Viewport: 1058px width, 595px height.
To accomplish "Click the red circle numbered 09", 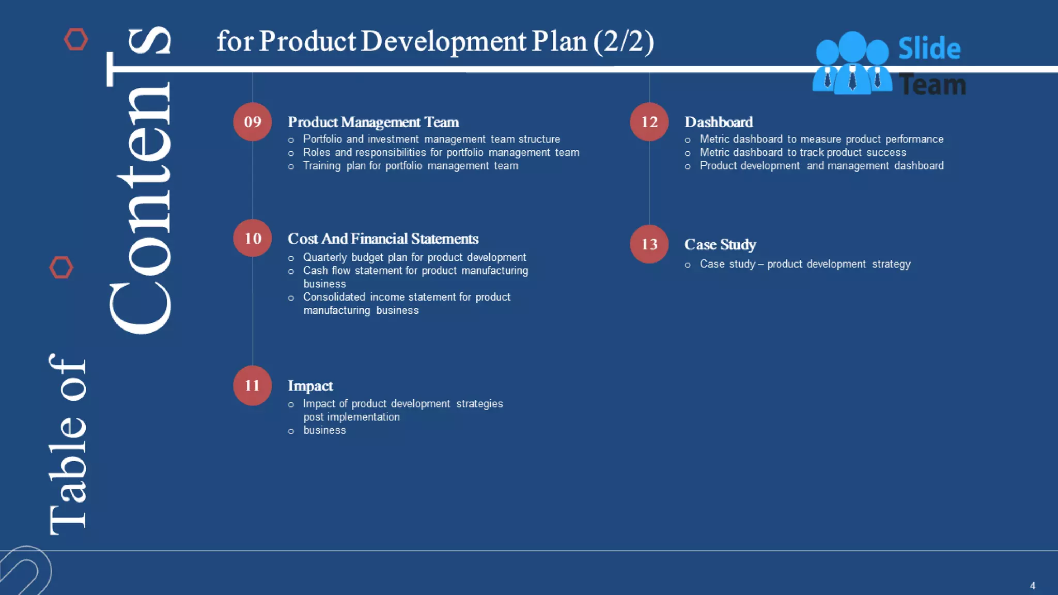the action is pyautogui.click(x=252, y=122).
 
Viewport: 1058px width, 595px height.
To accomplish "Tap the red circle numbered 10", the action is pyautogui.click(x=252, y=238).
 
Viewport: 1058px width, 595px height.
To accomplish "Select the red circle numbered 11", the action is pyautogui.click(x=252, y=385).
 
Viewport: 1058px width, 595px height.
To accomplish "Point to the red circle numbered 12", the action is pyautogui.click(x=649, y=122).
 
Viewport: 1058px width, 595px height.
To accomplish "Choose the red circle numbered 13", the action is pyautogui.click(x=649, y=244).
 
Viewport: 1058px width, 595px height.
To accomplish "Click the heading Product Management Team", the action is pyautogui.click(x=373, y=122).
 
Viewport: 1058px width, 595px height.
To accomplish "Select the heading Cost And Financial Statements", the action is pyautogui.click(x=383, y=239).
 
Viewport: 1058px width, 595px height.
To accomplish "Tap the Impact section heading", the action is pyautogui.click(x=310, y=386).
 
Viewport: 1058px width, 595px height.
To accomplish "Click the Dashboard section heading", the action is pyautogui.click(x=718, y=122).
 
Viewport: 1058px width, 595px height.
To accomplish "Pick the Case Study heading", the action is pyautogui.click(x=720, y=244).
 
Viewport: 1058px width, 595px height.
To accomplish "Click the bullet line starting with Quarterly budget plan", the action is pyautogui.click(x=414, y=257).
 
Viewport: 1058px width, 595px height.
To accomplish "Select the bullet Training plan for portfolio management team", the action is pyautogui.click(x=410, y=166).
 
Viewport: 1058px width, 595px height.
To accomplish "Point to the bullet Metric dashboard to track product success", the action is pyautogui.click(x=802, y=152).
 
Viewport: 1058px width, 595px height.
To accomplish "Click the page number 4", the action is pyautogui.click(x=1032, y=586).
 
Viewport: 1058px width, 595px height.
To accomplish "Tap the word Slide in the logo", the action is pyautogui.click(x=929, y=49).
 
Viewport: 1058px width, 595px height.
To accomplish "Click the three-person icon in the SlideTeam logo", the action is pyautogui.click(x=852, y=63).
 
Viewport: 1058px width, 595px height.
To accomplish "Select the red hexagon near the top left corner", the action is pyautogui.click(x=76, y=39).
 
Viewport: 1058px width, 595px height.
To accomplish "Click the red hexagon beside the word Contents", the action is pyautogui.click(x=61, y=268).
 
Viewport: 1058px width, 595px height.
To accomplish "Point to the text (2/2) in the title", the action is pyautogui.click(x=624, y=41).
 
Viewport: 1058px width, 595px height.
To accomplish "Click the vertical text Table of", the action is pyautogui.click(x=67, y=444).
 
